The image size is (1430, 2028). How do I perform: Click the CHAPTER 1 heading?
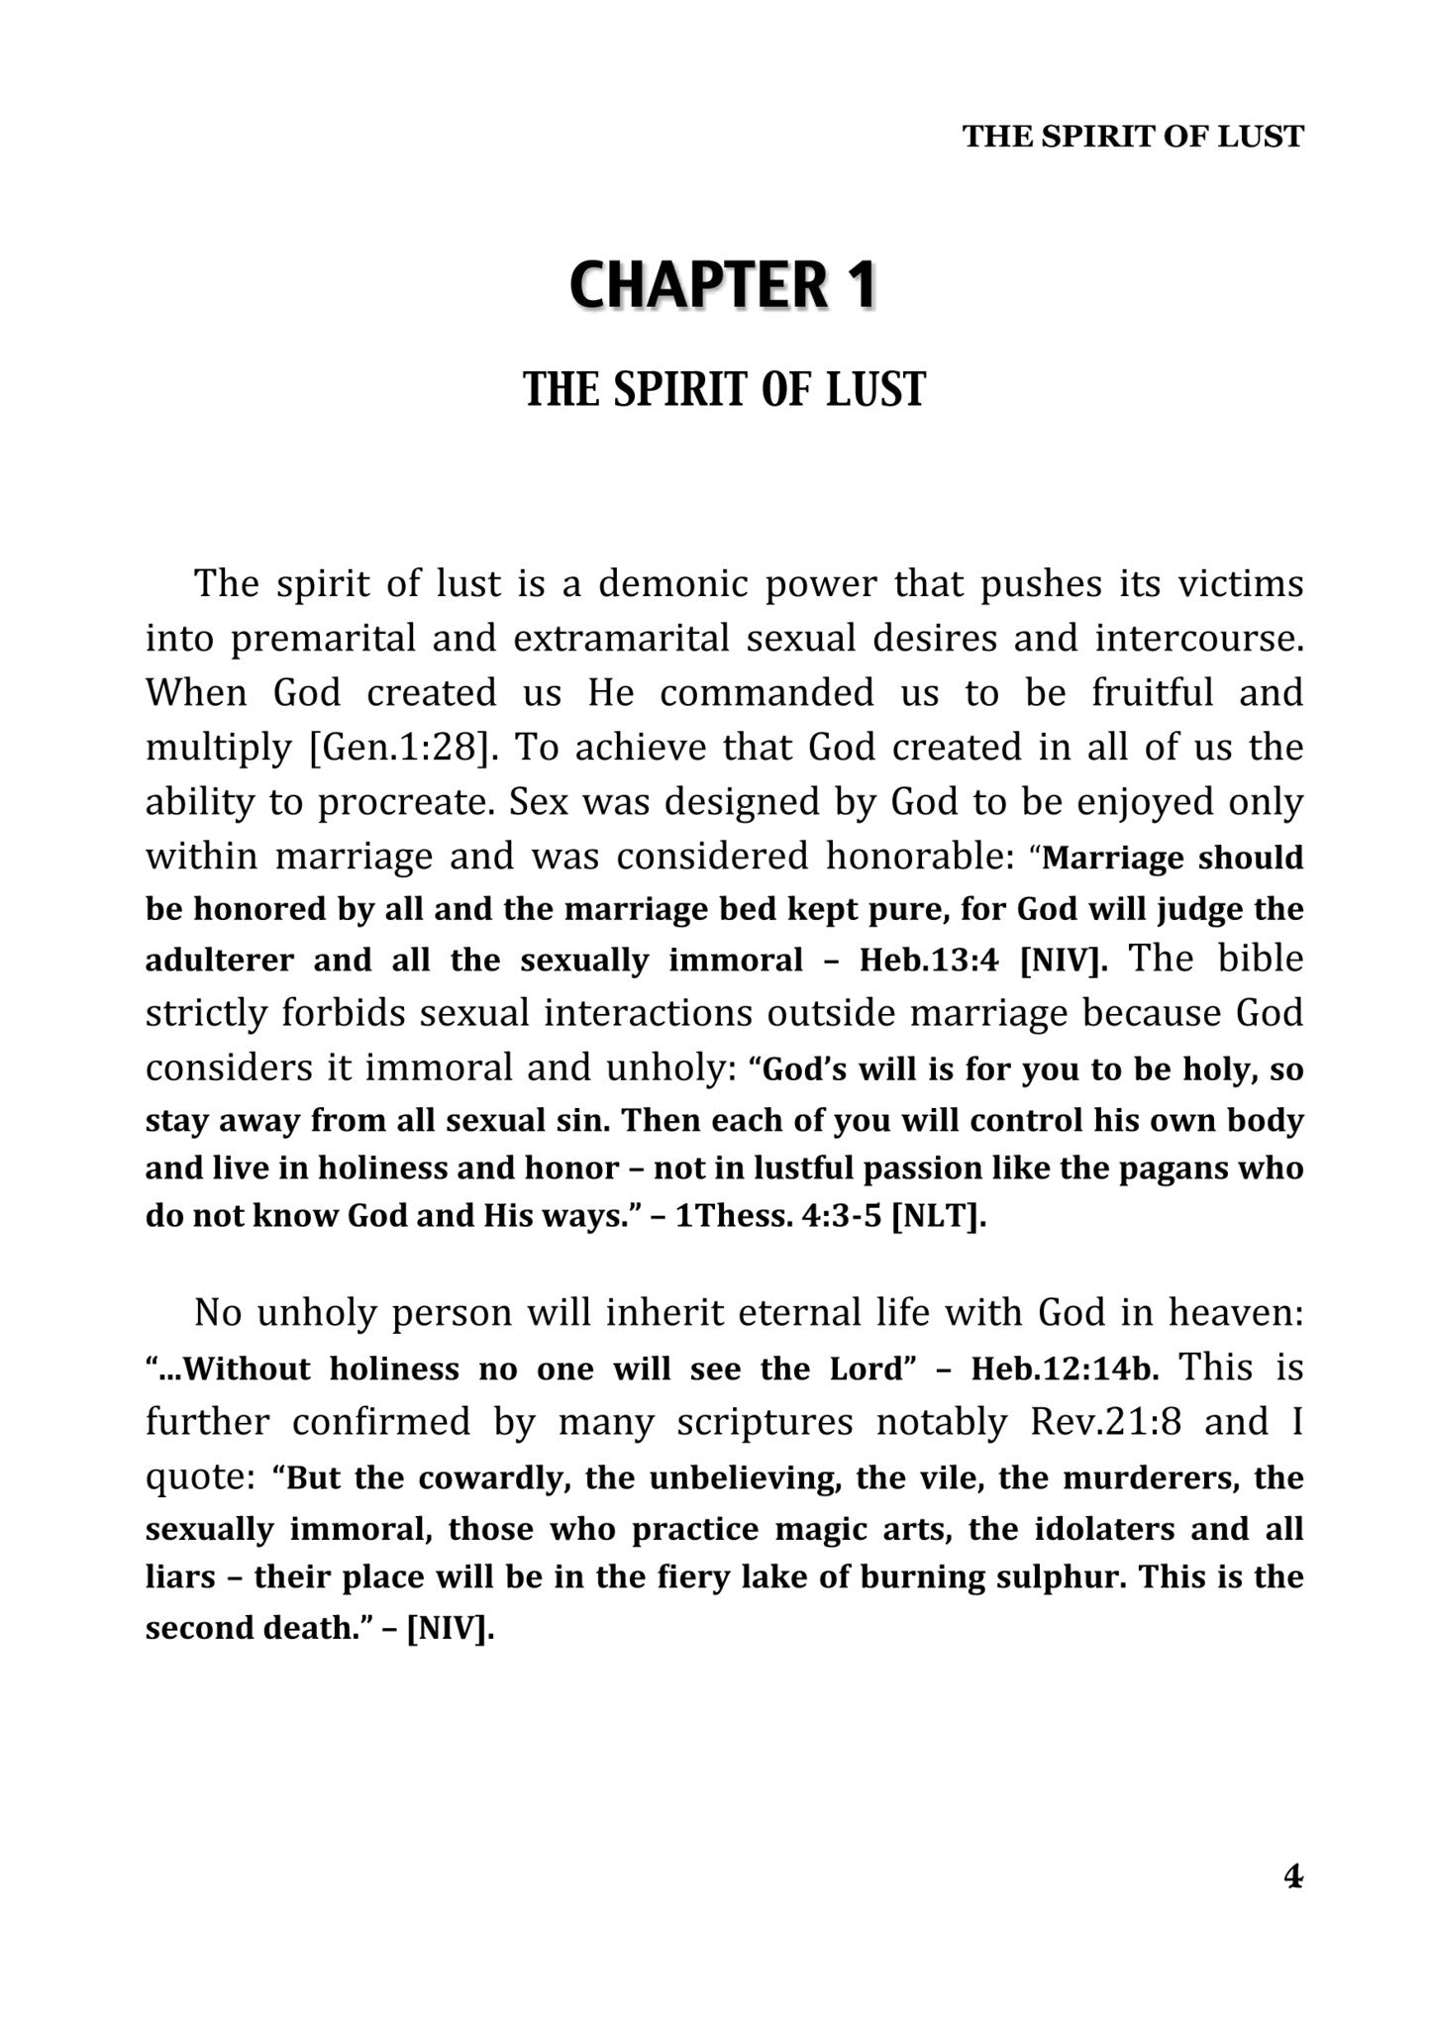(x=723, y=285)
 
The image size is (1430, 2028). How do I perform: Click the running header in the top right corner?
(x=1133, y=137)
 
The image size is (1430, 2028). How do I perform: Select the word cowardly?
(x=491, y=1477)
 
